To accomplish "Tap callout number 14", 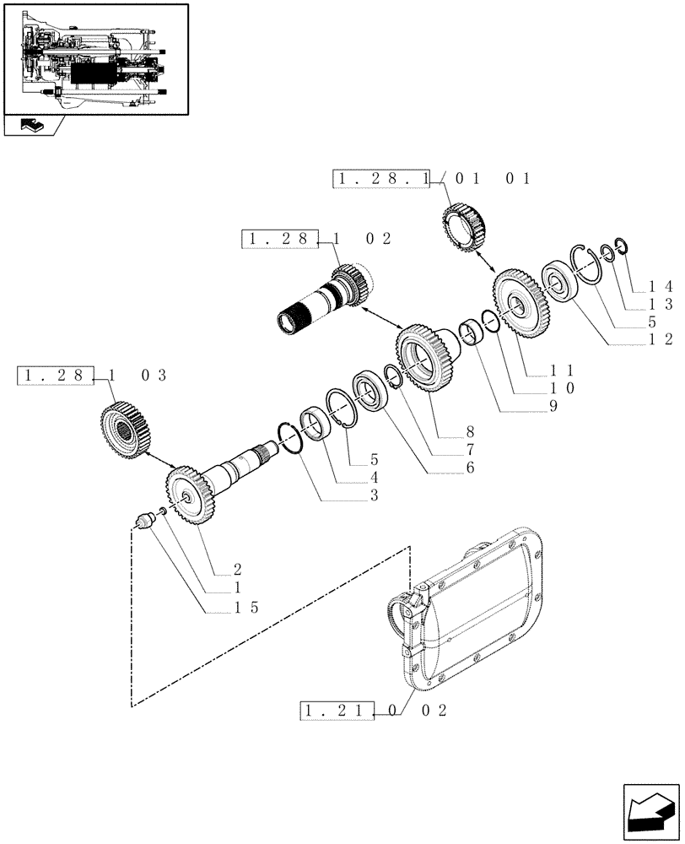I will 661,287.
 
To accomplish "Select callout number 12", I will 661,339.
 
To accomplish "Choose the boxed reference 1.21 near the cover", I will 336,711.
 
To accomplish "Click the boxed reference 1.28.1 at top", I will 381,179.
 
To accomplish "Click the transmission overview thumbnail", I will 94,59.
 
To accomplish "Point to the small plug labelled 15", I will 145,523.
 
